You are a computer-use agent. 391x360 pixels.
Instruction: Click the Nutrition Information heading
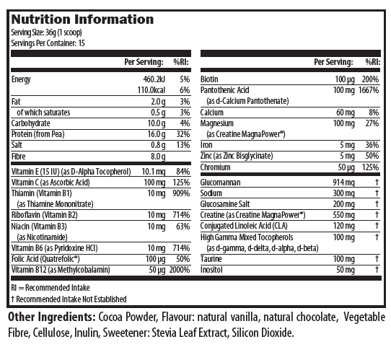82,19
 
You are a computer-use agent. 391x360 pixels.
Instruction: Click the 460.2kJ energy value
154,79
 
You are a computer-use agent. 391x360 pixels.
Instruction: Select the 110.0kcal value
151,90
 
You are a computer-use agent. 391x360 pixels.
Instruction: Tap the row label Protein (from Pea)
38,134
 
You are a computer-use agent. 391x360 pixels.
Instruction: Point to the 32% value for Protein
183,134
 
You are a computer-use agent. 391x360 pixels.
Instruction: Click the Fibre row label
19,157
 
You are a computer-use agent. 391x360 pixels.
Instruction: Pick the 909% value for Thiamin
181,193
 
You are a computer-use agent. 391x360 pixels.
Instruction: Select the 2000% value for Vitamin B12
180,270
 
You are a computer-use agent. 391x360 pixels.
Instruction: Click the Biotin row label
209,79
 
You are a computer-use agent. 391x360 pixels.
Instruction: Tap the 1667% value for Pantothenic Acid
369,90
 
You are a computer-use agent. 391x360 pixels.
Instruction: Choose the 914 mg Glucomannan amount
343,183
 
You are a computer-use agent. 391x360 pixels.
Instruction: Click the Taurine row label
211,259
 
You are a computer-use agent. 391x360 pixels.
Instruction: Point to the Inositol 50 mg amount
346,270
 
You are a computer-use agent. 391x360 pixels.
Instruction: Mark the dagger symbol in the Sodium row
377,193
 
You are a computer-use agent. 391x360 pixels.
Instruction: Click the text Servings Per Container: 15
48,43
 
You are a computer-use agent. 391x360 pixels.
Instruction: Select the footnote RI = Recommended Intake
50,288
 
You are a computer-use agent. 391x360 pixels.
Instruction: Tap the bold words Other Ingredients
52,317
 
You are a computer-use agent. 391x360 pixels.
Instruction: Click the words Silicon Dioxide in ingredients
263,333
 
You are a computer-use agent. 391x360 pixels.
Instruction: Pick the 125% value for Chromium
370,167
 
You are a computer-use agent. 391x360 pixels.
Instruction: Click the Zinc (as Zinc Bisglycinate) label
237,156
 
